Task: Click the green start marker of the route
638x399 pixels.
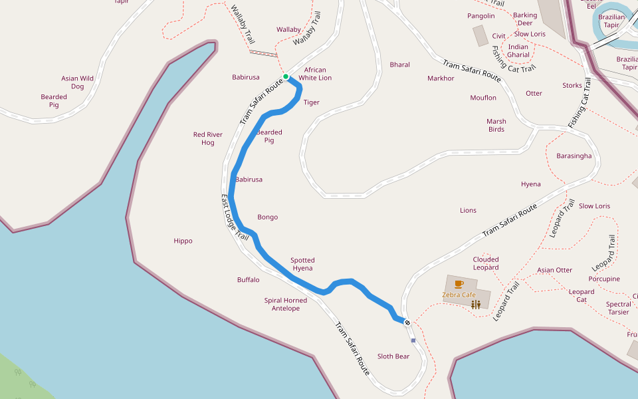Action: [x=286, y=76]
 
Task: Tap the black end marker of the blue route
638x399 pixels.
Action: [x=407, y=323]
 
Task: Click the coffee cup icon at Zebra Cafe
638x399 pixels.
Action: [x=459, y=284]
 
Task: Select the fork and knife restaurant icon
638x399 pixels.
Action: [x=476, y=305]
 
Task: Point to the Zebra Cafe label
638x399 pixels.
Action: [x=459, y=295]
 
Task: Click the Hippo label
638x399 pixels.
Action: [x=183, y=241]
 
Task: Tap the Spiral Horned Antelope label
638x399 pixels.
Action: [x=286, y=304]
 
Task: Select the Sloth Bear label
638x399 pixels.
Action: [x=393, y=356]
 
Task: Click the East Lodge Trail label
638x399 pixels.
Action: [x=235, y=217]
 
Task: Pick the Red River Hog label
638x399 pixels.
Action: [x=208, y=138]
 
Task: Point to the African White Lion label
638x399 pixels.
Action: [x=315, y=74]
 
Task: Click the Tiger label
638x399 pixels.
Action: [x=312, y=102]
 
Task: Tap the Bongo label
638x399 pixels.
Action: [x=268, y=217]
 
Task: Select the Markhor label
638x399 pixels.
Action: [x=441, y=78]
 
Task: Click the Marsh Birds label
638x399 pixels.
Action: [x=496, y=125]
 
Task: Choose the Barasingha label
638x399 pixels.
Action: [x=574, y=156]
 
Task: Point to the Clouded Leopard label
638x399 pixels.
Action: [x=486, y=263]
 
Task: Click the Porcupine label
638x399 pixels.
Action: [x=604, y=279]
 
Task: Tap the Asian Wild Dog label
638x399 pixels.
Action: [x=78, y=82]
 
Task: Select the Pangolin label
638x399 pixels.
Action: [x=481, y=16]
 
